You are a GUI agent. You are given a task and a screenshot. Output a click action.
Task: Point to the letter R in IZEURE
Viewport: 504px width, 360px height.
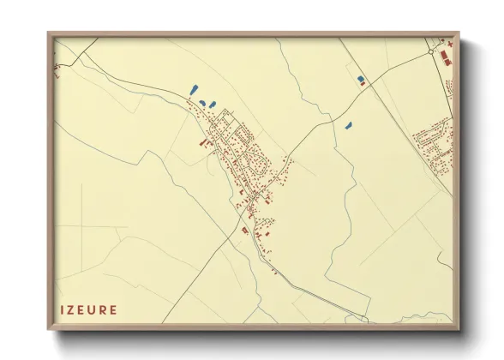106,309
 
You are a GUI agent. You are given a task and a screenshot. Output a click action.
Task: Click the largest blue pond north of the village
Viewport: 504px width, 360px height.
193,88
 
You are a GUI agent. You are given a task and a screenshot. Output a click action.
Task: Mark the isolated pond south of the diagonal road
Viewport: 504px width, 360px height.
348,126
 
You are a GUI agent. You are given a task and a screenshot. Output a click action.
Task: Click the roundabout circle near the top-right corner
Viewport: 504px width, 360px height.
432,51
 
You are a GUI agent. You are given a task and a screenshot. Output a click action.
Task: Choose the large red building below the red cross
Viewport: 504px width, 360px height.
446,59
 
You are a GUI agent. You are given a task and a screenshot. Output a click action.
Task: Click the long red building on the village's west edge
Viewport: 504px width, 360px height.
204,144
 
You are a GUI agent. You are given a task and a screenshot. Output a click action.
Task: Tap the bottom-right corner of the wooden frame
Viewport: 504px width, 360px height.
459,329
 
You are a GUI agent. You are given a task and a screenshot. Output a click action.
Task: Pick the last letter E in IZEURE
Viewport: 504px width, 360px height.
116,309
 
